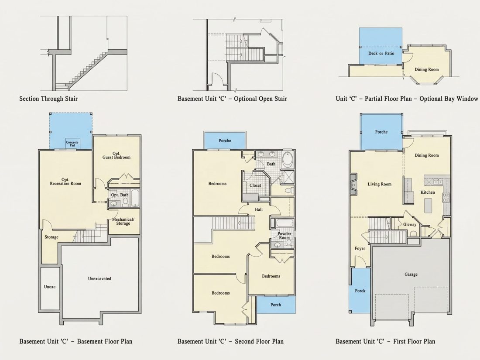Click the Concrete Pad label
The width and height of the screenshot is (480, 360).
[x=72, y=144]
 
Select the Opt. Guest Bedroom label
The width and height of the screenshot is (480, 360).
[x=117, y=155]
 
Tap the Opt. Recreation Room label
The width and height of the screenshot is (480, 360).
[x=65, y=182]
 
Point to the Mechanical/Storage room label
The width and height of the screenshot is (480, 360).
[x=123, y=221]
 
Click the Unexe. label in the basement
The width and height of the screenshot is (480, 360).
[x=50, y=287]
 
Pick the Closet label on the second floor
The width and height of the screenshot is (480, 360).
[x=255, y=185]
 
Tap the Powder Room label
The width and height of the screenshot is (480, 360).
[x=285, y=235]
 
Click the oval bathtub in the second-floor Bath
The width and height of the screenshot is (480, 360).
[x=288, y=159]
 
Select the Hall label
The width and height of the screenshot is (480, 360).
[x=259, y=209]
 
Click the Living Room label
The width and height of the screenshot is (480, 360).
[x=380, y=184]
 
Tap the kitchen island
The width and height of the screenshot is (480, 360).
[x=428, y=206]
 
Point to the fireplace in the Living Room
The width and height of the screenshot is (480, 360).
[x=353, y=184]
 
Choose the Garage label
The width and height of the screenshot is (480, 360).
[x=411, y=274]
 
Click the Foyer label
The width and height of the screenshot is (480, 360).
[x=360, y=248]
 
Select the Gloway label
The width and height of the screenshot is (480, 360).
[x=410, y=224]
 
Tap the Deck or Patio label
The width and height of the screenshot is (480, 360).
[x=381, y=53]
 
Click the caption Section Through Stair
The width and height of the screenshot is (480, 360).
[x=48, y=99]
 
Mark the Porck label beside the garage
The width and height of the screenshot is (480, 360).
[x=360, y=291]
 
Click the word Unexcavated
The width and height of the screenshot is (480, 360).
[x=99, y=278]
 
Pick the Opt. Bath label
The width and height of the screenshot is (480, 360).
[x=120, y=195]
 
